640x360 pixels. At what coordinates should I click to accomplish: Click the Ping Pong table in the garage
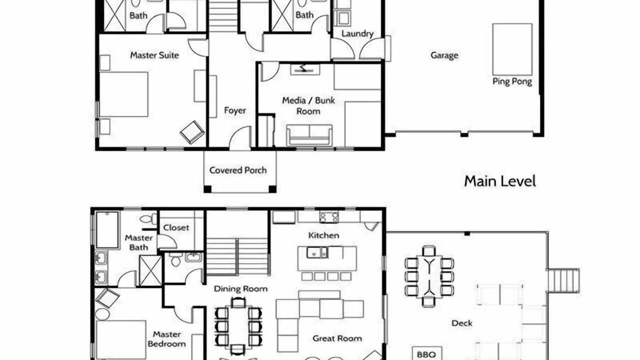click(512, 49)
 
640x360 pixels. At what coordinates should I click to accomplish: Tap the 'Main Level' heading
click(500, 181)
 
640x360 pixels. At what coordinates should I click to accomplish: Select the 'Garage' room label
click(444, 55)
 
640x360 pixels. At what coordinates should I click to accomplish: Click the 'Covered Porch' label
click(238, 170)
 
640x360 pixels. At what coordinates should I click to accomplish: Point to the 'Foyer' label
click(235, 110)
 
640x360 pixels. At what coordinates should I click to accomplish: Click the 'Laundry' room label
click(357, 33)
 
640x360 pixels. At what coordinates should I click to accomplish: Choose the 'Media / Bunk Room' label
click(308, 105)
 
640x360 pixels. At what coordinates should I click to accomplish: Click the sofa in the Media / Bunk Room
click(309, 135)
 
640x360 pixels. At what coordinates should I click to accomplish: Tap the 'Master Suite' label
click(154, 55)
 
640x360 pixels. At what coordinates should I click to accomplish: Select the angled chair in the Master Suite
click(192, 132)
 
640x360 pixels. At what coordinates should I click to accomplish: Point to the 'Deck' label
click(461, 323)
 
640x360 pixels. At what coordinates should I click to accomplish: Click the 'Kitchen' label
click(323, 235)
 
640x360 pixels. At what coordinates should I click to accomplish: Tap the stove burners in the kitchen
click(329, 217)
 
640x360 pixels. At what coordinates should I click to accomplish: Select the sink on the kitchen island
click(317, 252)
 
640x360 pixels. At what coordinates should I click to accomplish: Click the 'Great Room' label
click(337, 338)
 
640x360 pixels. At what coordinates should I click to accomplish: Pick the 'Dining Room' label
click(240, 289)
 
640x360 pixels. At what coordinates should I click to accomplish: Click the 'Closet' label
click(176, 227)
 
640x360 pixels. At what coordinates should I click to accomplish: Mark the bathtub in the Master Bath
click(107, 230)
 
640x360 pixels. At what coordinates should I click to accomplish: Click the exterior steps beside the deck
click(563, 280)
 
